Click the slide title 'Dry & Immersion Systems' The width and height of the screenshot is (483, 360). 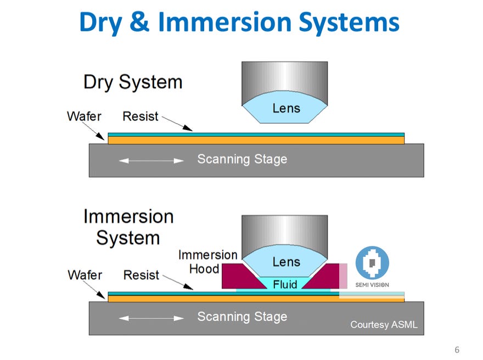[239, 22]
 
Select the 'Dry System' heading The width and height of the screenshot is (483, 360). [132, 82]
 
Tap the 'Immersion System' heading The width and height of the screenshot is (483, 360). [128, 227]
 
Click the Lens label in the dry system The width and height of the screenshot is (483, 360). [286, 108]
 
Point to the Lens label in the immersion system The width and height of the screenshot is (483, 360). [286, 262]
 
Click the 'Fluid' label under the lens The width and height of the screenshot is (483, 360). [285, 284]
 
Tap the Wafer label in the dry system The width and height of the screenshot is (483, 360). [83, 116]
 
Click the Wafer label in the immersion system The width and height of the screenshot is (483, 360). [85, 274]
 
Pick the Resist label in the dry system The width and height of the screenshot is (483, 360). [140, 116]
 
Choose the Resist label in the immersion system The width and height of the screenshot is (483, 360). [141, 274]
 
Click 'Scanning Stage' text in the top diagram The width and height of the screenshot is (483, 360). [242, 160]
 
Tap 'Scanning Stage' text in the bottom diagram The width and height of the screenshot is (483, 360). [242, 317]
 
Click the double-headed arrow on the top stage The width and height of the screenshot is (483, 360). [151, 161]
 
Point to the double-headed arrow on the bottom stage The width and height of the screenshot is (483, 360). [151, 318]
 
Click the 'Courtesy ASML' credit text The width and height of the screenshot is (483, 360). [384, 325]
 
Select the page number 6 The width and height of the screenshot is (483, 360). [457, 350]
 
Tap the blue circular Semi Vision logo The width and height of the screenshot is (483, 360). [372, 263]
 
